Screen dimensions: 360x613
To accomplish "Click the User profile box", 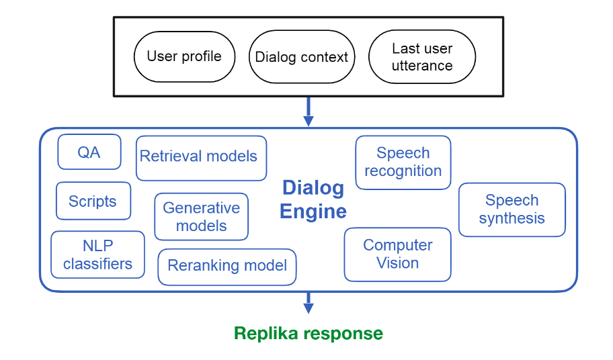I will coord(183,56).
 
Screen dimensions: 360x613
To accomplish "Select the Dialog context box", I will coord(301,56).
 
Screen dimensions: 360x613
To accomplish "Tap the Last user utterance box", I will coord(422,56).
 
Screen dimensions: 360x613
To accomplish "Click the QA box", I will coord(89,152).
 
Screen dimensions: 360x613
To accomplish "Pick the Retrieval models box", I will coord(201,157).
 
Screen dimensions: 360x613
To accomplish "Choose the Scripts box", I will coord(93,201).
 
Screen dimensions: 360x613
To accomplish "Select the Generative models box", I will coord(201,216).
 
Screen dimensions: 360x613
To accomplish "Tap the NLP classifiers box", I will coord(97,255).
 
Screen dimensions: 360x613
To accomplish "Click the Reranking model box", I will coord(227,266).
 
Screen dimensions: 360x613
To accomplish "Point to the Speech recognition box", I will coord(403,162).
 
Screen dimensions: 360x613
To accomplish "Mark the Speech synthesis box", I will coord(512,209).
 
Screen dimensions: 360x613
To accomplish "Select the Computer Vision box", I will coord(397,254).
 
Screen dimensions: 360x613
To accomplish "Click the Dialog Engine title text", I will coord(313,199).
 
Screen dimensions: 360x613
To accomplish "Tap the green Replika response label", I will coord(308,333).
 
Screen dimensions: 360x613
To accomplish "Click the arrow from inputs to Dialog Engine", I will coord(309,111).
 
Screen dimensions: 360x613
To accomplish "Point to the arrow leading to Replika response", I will coord(309,303).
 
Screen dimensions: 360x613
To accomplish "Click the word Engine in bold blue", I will coord(313,212).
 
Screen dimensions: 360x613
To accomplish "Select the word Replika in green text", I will coord(265,333).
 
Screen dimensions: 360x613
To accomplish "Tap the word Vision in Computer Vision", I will coord(397,263).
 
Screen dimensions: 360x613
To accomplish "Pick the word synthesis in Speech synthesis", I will coord(512,218).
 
